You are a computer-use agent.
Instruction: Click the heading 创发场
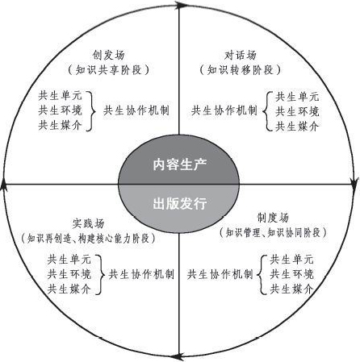[x=108, y=55]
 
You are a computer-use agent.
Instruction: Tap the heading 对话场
[x=240, y=55]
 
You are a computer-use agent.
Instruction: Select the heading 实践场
[x=88, y=223]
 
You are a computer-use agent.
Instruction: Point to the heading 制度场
[x=273, y=218]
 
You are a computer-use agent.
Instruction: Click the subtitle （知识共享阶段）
[x=108, y=70]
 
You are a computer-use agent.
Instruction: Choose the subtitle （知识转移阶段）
[x=240, y=70]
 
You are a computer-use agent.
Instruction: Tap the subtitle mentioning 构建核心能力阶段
[x=88, y=238]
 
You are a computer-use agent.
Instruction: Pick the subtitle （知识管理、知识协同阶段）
[x=273, y=232]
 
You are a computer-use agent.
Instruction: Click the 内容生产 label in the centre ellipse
[x=180, y=164]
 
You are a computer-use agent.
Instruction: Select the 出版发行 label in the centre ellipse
[x=180, y=203]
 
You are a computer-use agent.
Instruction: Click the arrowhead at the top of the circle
[x=181, y=5]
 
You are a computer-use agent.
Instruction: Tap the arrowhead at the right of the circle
[x=355, y=183]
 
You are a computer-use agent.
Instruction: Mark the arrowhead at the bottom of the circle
[x=178, y=357]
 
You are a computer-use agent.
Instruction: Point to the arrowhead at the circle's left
[x=4, y=185]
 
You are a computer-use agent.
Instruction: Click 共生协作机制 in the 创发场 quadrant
[x=136, y=110]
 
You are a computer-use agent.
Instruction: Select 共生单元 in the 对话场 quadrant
[x=297, y=97]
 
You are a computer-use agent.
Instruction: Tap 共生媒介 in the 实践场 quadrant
[x=69, y=289]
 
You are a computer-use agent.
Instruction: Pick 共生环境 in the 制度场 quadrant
[x=291, y=274]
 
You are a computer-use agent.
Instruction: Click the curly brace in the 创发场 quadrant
[x=91, y=111]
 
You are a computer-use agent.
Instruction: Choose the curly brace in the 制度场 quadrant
[x=262, y=274]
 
